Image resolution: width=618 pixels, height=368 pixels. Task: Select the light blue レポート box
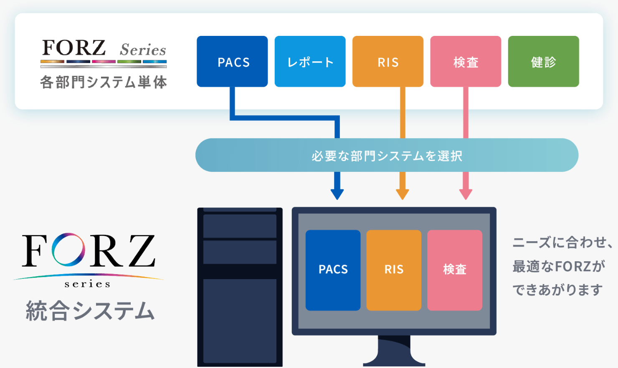coord(310,61)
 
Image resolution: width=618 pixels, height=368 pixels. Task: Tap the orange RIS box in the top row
coord(388,61)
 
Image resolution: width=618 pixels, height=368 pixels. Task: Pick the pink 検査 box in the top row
coord(466,61)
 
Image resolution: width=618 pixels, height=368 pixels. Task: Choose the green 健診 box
coord(543,61)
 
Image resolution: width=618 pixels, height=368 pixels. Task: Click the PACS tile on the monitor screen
coord(333,270)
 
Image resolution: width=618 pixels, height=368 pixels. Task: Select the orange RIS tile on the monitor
coord(394,270)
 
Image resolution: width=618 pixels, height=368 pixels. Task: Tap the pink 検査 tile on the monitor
coord(455,270)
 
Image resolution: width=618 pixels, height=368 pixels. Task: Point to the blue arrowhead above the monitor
coord(337,194)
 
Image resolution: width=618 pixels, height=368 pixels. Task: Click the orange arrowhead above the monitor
coord(403,194)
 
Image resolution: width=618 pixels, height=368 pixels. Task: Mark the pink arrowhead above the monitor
coord(466,194)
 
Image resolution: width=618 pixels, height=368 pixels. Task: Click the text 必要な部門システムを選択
coord(387,156)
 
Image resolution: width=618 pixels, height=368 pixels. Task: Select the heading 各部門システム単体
coord(104,82)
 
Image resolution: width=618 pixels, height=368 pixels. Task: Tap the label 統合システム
coord(90,311)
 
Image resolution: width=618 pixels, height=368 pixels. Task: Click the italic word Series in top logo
coord(143,50)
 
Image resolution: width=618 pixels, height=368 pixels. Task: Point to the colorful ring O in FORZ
coord(68,250)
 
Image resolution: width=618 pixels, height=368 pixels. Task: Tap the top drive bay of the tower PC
coord(240,226)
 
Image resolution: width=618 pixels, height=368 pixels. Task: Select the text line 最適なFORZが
coord(559,266)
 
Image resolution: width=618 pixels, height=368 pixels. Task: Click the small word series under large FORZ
coord(88,284)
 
